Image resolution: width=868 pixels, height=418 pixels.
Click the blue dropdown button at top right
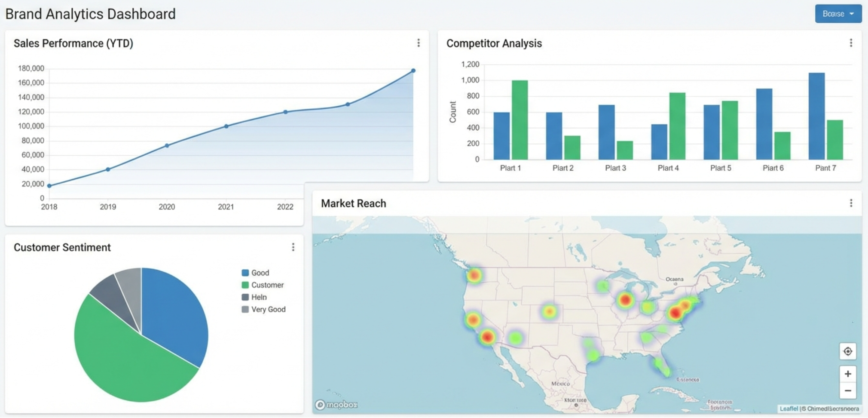click(x=838, y=14)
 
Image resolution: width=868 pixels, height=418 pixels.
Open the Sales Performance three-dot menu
click(x=418, y=43)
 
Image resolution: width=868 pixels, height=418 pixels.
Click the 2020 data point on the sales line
click(x=167, y=146)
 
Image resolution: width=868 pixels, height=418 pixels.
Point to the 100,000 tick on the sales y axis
click(x=31, y=126)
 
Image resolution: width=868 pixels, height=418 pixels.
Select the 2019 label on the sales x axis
click(x=108, y=207)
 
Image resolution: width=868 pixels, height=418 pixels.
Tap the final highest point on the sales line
click(x=413, y=71)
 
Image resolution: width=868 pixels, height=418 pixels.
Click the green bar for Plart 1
click(x=520, y=120)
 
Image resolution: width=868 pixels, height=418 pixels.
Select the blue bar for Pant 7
click(x=816, y=116)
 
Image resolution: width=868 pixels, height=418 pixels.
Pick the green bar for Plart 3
click(x=624, y=151)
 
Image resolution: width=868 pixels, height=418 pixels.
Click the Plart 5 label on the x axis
click(x=720, y=168)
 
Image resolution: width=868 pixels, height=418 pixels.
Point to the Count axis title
click(x=452, y=112)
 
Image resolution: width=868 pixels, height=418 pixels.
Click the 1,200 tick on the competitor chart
click(x=470, y=65)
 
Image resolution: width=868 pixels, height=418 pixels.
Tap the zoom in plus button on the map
click(x=847, y=374)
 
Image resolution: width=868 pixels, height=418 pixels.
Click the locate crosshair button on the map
click(x=847, y=351)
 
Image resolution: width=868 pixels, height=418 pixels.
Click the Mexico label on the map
click(x=560, y=384)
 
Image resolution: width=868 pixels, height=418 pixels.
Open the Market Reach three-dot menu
click(x=850, y=203)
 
